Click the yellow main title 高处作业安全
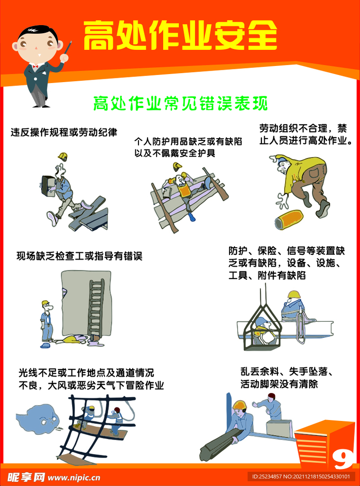pos(180,35)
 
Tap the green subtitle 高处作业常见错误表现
pos(180,103)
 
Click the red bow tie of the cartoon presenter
pos(35,66)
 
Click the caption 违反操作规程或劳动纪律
pos(64,132)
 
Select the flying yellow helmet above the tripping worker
pos(63,157)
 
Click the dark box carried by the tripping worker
pos(48,186)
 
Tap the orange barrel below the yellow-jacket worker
pos(289,220)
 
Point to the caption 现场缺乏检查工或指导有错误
pos(79,256)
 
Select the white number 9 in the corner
pos(342,460)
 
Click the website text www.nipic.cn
pos(74,477)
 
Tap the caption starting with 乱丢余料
pos(287,378)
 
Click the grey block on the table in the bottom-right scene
pos(279,429)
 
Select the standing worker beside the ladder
pos(46,321)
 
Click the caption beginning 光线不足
pos(91,379)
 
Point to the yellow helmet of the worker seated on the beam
pos(294,294)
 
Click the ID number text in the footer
pos(301,477)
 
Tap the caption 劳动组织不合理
pos(306,134)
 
